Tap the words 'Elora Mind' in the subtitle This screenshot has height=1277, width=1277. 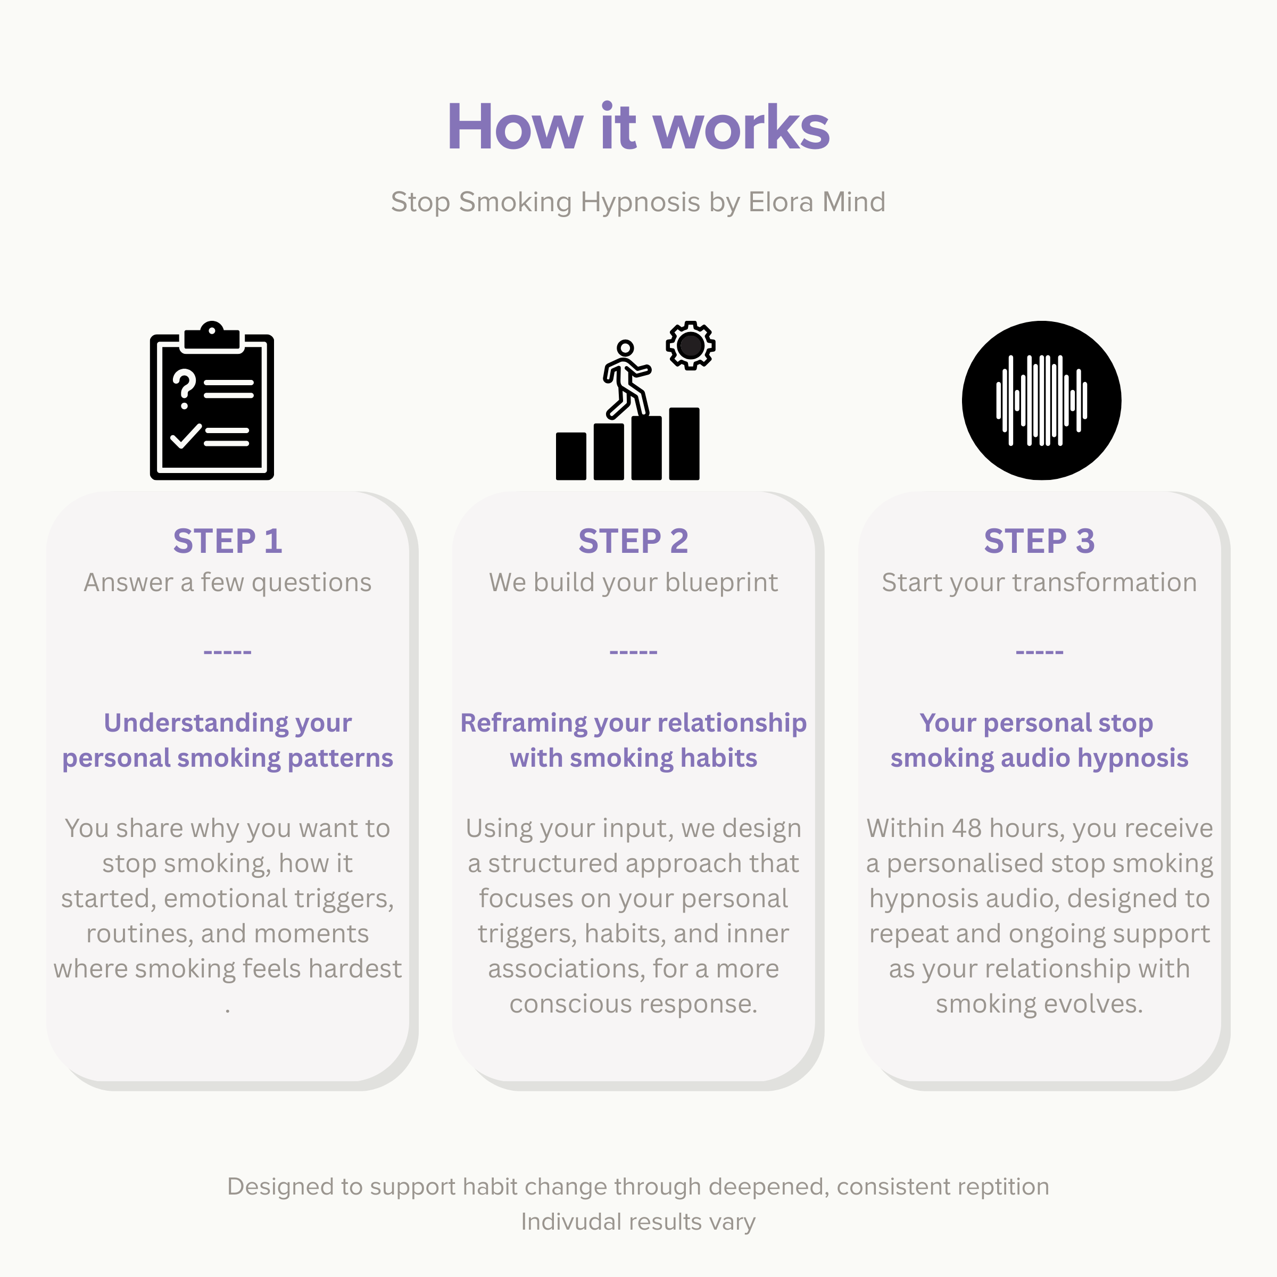pos(816,202)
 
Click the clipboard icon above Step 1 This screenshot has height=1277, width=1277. pos(212,401)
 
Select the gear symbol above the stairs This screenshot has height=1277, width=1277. pos(691,345)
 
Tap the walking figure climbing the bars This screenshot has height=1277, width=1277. pos(627,379)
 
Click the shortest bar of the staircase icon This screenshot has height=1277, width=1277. pos(571,456)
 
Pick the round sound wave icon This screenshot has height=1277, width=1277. pos(1041,401)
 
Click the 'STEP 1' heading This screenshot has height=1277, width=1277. pos(227,541)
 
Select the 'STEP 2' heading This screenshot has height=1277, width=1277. pos(633,541)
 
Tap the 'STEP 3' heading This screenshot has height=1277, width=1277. pos(1039,541)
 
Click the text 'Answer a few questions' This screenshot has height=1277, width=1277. pos(227,582)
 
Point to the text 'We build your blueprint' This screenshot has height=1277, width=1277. pos(633,582)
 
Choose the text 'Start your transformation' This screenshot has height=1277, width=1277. pos(1039,582)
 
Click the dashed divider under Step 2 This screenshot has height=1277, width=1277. pos(633,652)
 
